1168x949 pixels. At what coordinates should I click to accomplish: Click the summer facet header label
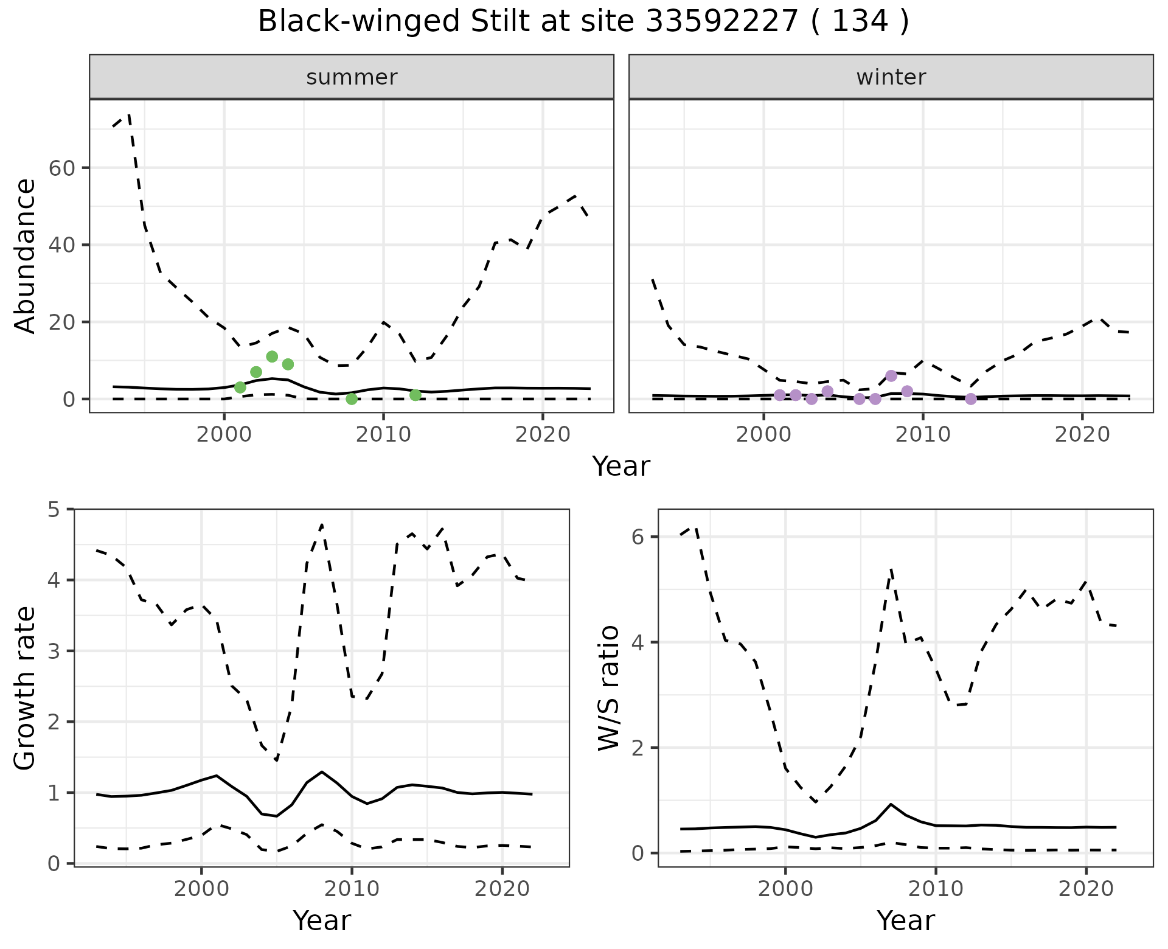(x=352, y=77)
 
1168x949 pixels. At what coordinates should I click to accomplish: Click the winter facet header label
(x=891, y=77)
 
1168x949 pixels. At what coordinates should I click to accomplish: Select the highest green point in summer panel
(x=272, y=356)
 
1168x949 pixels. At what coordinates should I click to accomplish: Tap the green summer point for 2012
(x=415, y=395)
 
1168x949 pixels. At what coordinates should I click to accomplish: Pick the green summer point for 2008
(x=352, y=399)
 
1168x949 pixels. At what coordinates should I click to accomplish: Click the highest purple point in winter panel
(x=891, y=376)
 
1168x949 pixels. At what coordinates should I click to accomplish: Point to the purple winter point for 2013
(x=971, y=399)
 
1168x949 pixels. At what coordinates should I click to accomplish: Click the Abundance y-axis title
(x=26, y=255)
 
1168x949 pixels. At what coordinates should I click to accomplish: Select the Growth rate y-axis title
(x=26, y=687)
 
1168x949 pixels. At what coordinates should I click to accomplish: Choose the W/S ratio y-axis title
(x=609, y=687)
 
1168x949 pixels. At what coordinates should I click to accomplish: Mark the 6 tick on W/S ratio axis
(x=638, y=537)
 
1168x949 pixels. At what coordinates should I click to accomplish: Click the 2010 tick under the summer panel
(x=383, y=435)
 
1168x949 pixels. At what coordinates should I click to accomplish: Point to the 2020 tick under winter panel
(x=1082, y=435)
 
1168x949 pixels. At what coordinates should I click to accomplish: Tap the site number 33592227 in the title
(x=721, y=22)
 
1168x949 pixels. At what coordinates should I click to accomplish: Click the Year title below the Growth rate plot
(x=322, y=921)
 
